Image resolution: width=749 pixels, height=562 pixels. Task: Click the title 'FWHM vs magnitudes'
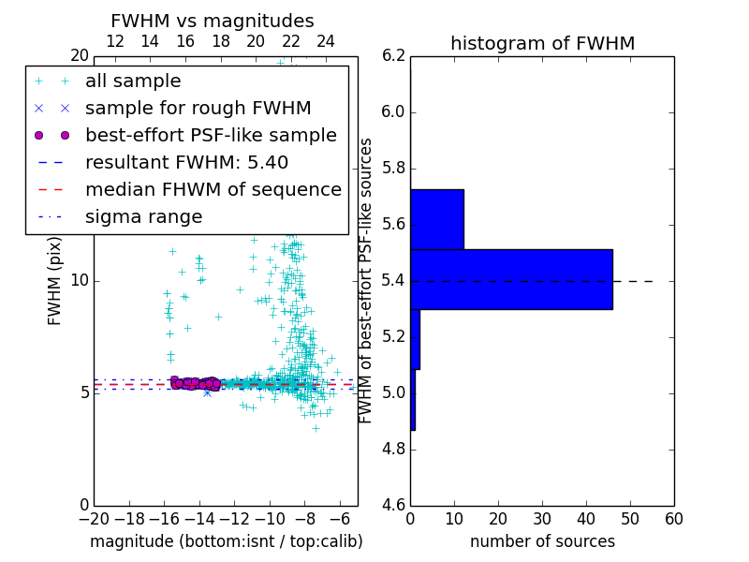212,22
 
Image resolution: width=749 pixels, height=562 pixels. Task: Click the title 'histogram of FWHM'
542,44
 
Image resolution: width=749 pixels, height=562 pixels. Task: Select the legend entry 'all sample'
133,81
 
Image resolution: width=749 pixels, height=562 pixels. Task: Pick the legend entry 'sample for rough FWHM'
198,109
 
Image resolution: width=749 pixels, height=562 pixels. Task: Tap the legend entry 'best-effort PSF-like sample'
211,136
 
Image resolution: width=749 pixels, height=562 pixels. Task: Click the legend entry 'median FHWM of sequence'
213,190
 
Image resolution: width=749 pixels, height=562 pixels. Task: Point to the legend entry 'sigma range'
143,217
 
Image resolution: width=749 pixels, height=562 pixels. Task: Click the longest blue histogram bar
511,279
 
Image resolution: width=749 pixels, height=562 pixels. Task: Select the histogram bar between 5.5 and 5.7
437,219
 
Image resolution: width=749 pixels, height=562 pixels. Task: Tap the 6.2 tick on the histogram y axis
395,56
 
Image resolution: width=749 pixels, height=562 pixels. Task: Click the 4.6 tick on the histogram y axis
395,506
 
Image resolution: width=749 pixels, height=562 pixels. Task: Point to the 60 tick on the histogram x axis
673,519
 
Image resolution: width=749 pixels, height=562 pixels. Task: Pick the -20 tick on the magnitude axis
94,519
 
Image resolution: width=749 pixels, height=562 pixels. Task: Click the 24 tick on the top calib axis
326,41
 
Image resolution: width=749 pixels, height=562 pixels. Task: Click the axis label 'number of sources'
542,541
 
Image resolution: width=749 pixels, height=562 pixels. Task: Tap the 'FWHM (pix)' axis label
55,280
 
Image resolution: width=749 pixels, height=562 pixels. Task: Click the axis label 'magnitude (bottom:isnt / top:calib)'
226,541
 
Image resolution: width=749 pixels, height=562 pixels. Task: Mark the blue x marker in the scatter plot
207,392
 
